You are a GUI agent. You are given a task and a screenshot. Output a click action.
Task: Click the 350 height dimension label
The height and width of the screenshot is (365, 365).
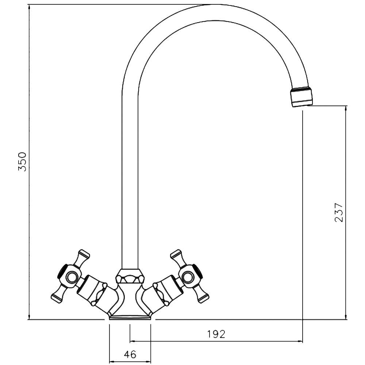tap(22, 162)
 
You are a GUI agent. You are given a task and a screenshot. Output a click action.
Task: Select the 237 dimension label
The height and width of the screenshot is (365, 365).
tap(339, 212)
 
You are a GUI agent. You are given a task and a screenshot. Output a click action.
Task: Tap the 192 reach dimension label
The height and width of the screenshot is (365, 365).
tap(216, 334)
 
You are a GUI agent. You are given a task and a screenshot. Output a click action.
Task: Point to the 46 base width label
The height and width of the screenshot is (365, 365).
tap(130, 354)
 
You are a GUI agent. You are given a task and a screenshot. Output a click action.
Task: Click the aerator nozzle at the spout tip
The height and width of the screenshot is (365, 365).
tap(302, 96)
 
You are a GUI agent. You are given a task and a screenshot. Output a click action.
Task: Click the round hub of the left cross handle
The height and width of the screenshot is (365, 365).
tap(71, 277)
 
